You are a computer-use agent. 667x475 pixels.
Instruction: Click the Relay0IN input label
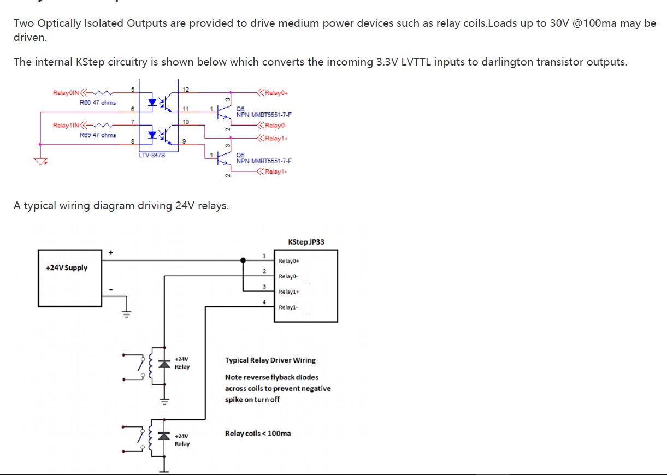coord(66,93)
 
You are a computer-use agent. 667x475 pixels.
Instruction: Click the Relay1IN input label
coord(66,126)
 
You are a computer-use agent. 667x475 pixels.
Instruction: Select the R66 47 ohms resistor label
coord(98,103)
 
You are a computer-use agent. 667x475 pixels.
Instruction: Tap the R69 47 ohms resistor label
coord(98,135)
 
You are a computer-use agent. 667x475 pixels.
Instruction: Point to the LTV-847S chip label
coord(152,155)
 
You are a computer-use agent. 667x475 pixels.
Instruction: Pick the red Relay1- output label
coord(276,172)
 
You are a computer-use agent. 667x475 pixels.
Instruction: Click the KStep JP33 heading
coord(306,242)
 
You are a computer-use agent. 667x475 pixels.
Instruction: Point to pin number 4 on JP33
coord(264,302)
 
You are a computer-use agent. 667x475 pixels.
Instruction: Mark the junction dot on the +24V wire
coord(243,260)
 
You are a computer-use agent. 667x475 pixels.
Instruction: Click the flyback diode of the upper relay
coord(162,364)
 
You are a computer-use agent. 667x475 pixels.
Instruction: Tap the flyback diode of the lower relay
coord(162,435)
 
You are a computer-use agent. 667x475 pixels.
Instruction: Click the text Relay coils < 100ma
coord(258,434)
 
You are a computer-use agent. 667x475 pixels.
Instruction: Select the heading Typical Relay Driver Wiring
coord(270,360)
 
